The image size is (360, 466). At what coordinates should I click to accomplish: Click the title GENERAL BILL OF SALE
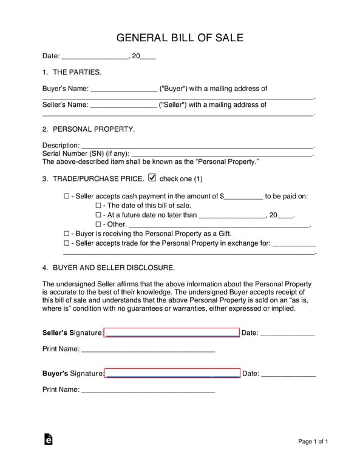[180, 38]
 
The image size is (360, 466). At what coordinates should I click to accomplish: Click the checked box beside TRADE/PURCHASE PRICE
[152, 178]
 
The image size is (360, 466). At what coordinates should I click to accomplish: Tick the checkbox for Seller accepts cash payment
[67, 197]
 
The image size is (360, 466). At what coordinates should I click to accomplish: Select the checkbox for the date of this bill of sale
[98, 206]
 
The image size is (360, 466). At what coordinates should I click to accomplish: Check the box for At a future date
[98, 215]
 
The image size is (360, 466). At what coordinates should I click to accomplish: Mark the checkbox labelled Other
[98, 225]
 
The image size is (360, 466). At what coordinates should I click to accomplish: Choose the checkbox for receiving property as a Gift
[67, 234]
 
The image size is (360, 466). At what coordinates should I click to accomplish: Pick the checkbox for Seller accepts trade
[67, 243]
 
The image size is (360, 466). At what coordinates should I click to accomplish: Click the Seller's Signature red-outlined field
[172, 333]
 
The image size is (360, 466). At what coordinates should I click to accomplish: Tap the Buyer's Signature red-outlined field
[172, 373]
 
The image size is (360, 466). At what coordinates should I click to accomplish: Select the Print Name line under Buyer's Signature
[148, 391]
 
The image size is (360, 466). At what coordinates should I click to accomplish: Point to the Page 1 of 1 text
[313, 441]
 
